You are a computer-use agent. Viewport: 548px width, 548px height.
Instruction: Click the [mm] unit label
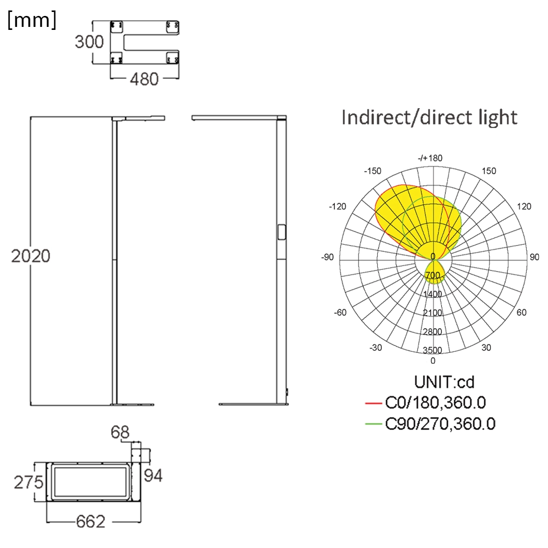[x=31, y=20]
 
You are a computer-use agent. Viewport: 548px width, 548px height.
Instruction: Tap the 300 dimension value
[x=89, y=42]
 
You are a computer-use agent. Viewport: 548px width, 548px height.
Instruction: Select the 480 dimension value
[x=144, y=79]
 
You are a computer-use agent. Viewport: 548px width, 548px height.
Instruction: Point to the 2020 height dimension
[x=31, y=256]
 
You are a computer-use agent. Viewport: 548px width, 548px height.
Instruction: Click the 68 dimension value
[x=120, y=432]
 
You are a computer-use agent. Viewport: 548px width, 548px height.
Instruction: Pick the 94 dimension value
[x=153, y=476]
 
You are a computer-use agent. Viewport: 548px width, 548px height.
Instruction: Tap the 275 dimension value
[x=29, y=482]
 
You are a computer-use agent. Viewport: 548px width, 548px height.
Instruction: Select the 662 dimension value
[x=91, y=522]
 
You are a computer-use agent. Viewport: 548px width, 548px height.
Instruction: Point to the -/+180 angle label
[x=430, y=158]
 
